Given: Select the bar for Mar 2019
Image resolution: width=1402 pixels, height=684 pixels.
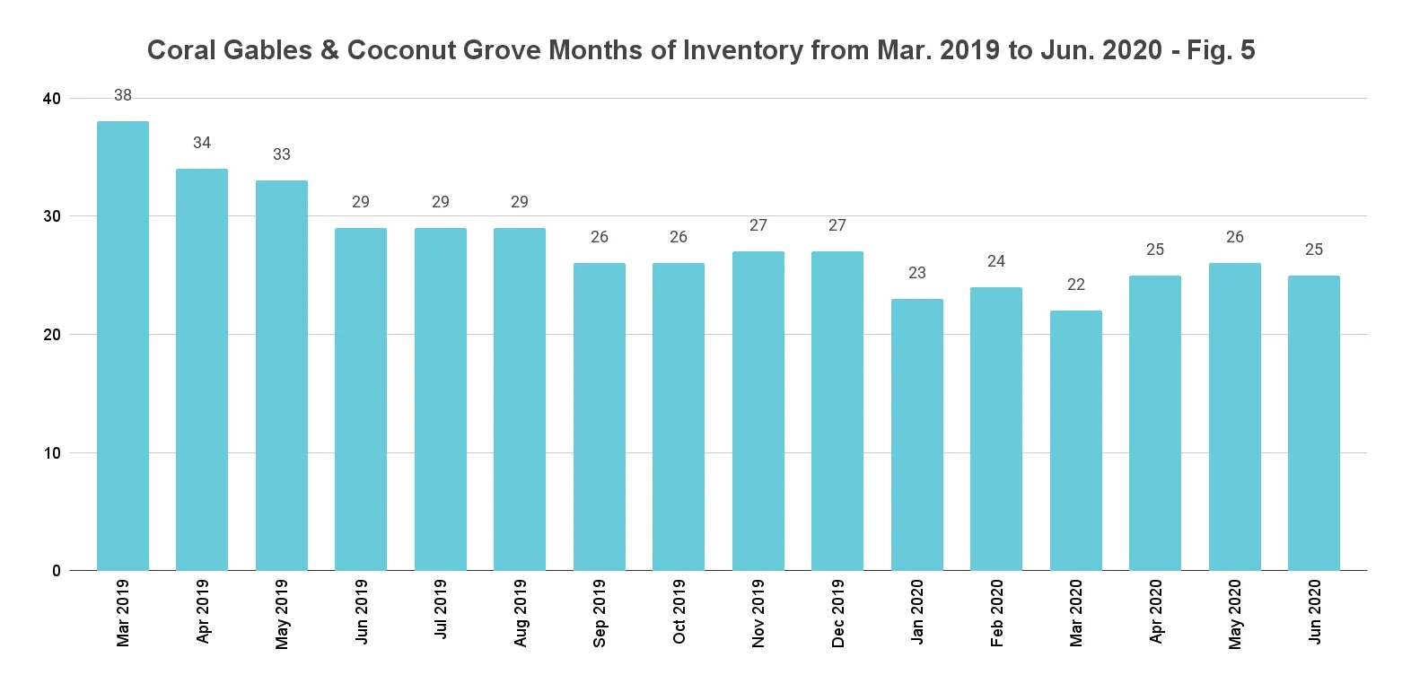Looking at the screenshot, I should (x=123, y=346).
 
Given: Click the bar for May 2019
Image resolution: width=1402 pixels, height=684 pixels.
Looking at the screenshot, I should (x=282, y=375).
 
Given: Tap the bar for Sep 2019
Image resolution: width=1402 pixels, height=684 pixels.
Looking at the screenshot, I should (x=600, y=417).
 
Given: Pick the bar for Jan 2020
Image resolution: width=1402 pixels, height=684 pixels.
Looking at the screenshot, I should (x=917, y=434).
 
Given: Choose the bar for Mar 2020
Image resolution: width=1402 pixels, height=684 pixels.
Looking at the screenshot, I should (x=1076, y=440).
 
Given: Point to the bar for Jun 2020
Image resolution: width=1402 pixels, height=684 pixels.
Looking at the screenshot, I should (x=1314, y=423).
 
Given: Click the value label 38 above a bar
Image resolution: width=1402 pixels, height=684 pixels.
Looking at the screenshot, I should (x=123, y=95).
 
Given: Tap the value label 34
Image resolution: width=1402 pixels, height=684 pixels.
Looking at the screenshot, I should (x=202, y=143).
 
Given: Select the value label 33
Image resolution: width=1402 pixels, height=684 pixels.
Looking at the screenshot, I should (x=282, y=154).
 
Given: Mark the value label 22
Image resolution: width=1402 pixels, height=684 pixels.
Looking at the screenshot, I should (x=1076, y=285).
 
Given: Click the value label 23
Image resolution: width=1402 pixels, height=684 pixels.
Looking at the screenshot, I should (x=917, y=273).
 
